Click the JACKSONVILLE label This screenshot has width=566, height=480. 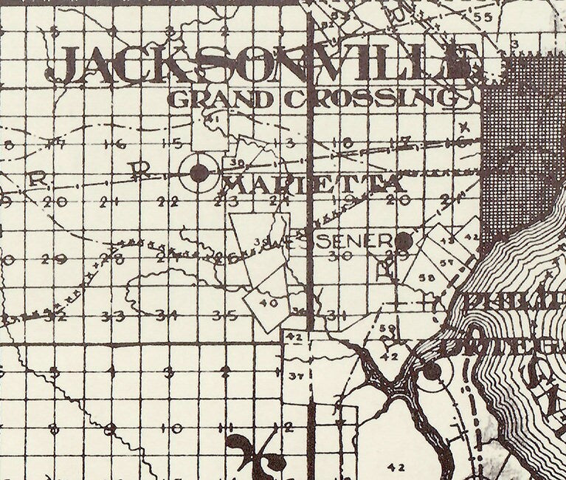tap(262, 65)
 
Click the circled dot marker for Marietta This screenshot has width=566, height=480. tap(199, 173)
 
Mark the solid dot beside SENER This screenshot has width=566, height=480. tap(403, 240)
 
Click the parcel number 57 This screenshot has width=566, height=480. tap(446, 263)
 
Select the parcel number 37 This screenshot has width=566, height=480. tap(295, 377)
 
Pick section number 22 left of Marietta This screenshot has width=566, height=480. tap(169, 202)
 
